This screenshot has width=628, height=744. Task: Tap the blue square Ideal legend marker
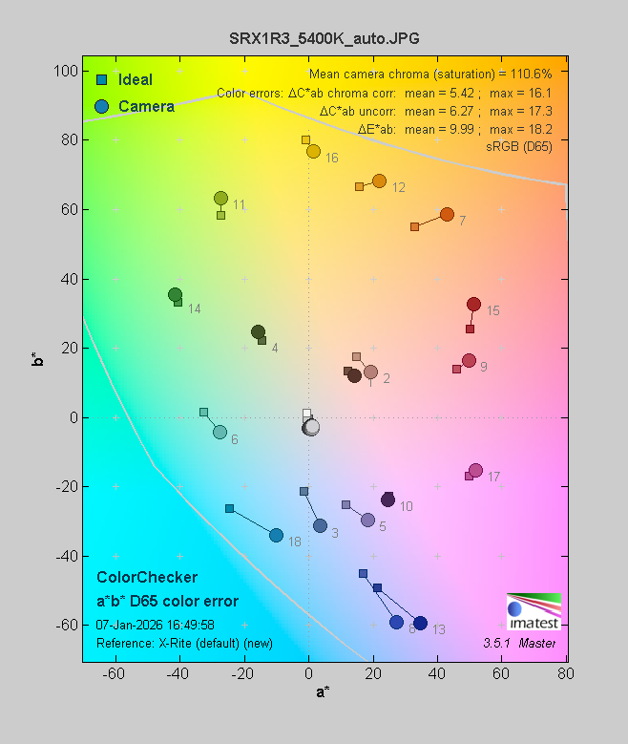pyautogui.click(x=100, y=79)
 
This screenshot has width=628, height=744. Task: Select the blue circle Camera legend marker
pyautogui.click(x=100, y=106)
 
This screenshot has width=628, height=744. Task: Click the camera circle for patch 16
pyautogui.click(x=313, y=151)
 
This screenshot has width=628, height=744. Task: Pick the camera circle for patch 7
pyautogui.click(x=447, y=214)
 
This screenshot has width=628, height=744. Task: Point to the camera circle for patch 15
pyautogui.click(x=473, y=305)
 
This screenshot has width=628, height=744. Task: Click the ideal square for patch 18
pyautogui.click(x=229, y=508)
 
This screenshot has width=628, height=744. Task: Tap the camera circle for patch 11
pyautogui.click(x=220, y=199)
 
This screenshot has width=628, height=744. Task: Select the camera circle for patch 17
pyautogui.click(x=475, y=470)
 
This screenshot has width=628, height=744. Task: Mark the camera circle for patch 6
pyautogui.click(x=220, y=432)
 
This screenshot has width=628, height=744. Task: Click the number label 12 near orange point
pyautogui.click(x=399, y=187)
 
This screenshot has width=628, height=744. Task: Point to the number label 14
pyautogui.click(x=195, y=308)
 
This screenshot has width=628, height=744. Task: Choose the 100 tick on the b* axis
pyautogui.click(x=66, y=71)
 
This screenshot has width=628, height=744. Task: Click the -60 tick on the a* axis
pyautogui.click(x=115, y=673)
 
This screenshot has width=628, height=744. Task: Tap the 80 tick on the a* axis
pyautogui.click(x=566, y=673)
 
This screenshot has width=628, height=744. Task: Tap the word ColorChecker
pyautogui.click(x=147, y=578)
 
